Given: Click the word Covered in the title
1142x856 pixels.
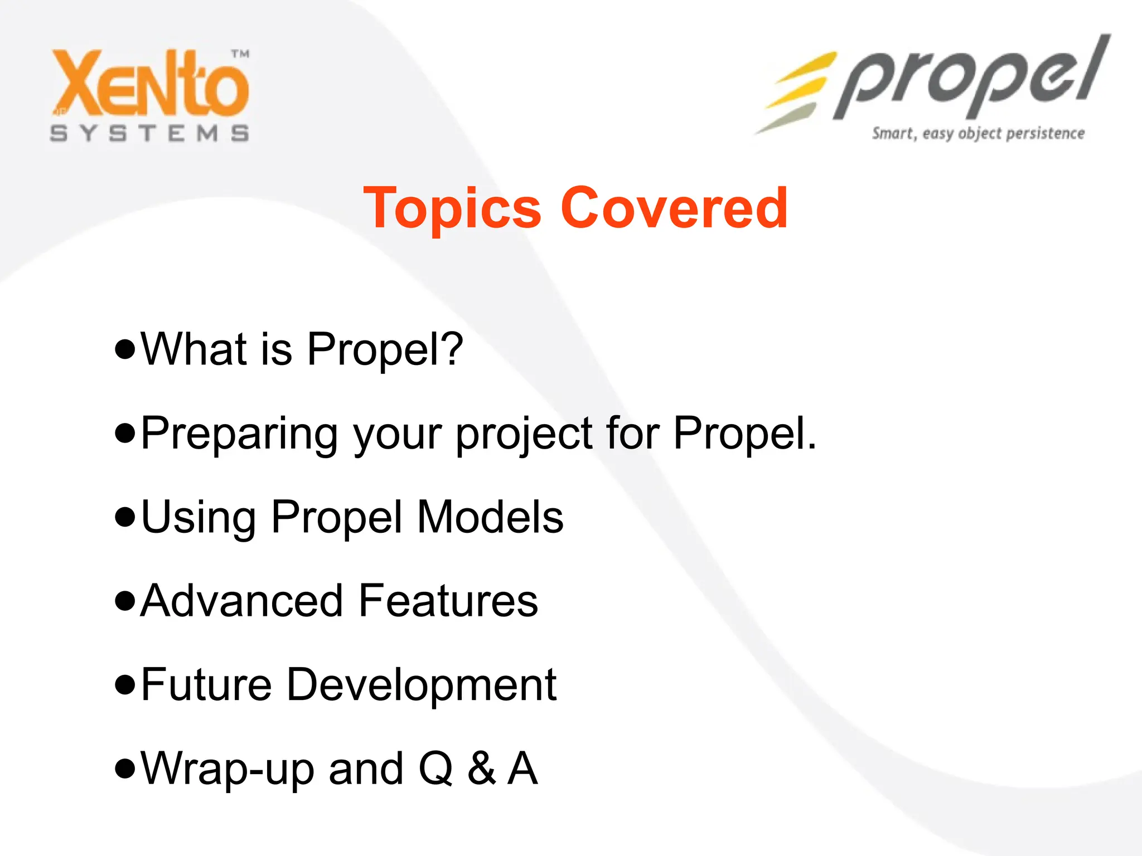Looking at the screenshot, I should (x=675, y=207).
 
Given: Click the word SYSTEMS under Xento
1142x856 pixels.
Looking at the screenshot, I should (x=149, y=134).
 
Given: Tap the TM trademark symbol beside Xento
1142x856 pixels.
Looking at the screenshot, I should (x=240, y=54).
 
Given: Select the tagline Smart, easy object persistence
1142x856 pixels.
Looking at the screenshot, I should (x=978, y=134).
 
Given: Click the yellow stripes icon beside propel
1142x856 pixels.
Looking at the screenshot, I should (x=795, y=92).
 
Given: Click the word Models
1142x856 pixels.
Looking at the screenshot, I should (x=490, y=517).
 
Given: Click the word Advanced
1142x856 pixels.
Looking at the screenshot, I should (x=241, y=601).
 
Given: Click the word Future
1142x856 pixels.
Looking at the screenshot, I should (x=206, y=684).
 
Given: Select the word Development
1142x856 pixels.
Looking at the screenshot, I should (x=422, y=685).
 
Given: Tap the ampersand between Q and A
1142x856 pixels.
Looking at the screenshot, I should (x=481, y=769).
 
